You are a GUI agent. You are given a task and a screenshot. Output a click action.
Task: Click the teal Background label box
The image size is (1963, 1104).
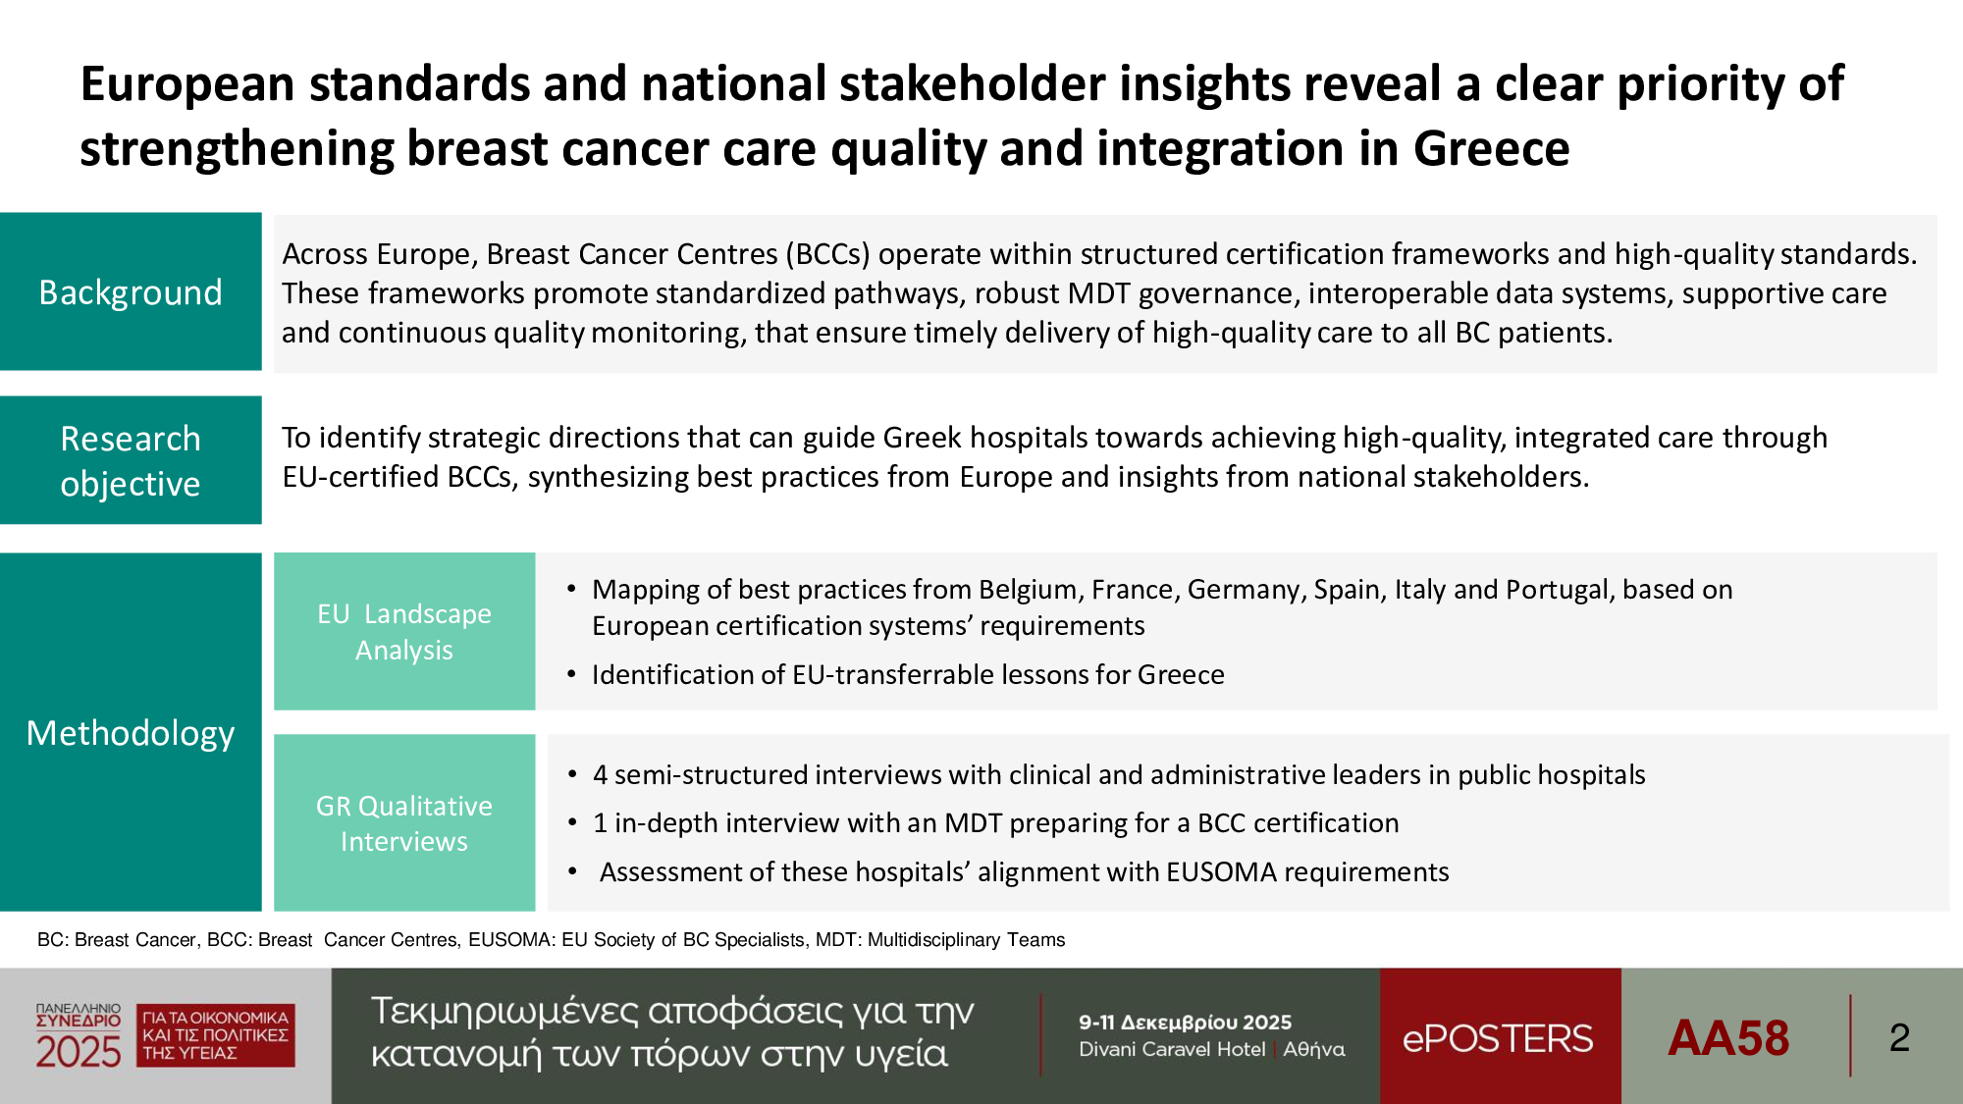coord(131,291)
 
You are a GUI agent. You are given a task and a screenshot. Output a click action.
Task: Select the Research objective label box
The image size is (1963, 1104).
coord(131,459)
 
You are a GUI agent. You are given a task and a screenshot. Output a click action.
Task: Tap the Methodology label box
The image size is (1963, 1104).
coord(131,732)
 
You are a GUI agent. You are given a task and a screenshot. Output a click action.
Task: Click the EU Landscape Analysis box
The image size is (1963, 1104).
coord(404,631)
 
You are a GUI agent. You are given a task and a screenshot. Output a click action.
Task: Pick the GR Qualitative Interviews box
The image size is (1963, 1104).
coord(404,822)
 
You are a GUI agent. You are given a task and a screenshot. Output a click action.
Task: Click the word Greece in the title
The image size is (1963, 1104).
coord(1491,149)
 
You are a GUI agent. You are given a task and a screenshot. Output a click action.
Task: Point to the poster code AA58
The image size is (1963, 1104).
coord(1728,1037)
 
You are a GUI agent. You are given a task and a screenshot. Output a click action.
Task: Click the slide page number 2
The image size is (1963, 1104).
coord(1899,1037)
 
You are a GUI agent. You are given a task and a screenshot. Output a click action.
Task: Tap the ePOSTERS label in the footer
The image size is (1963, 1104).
coord(1498,1038)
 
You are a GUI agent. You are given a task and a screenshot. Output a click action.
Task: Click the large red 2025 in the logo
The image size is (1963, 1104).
coord(79,1051)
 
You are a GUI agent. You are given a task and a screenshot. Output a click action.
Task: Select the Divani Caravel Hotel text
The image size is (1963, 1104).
coord(1172,1049)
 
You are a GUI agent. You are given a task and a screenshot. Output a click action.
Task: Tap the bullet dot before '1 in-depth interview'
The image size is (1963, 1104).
coord(572,823)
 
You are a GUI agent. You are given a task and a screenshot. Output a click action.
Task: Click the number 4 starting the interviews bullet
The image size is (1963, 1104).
coord(600,774)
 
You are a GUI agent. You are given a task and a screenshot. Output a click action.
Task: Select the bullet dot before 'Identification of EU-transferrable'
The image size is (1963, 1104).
coord(572,675)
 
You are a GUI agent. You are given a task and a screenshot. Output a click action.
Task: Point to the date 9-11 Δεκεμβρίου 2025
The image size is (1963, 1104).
coord(1185,1022)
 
